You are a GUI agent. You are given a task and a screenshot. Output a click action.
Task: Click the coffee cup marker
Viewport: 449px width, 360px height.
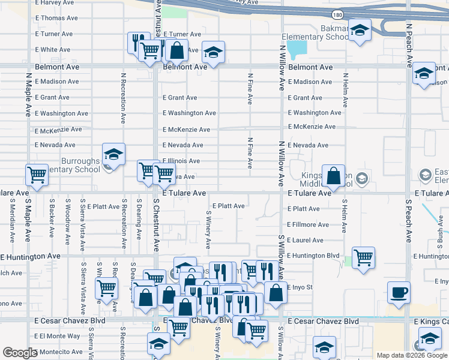pos(399,293)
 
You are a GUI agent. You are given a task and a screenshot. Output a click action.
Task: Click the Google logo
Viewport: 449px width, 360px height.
pos(20,353)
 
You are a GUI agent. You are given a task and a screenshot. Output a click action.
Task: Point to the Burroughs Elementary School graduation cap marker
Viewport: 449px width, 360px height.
pos(113,154)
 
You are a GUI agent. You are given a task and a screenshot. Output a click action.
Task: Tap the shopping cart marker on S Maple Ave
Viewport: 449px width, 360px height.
pos(37,176)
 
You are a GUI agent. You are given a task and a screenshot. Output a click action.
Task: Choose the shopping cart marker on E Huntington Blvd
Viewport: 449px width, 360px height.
pos(363,258)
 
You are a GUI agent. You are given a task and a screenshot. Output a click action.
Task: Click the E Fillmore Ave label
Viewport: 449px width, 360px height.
pos(308,224)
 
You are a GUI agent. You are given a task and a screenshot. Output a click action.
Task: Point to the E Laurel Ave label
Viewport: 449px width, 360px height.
pos(305,240)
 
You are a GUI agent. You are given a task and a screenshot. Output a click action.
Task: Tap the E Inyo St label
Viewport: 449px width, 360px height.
pos(300,287)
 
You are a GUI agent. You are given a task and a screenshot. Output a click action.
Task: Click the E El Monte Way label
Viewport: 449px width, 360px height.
pos(57,336)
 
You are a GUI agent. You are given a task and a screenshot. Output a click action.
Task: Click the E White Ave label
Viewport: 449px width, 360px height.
pos(53,50)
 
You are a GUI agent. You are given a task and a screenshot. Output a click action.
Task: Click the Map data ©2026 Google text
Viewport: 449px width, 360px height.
pos(412,355)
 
